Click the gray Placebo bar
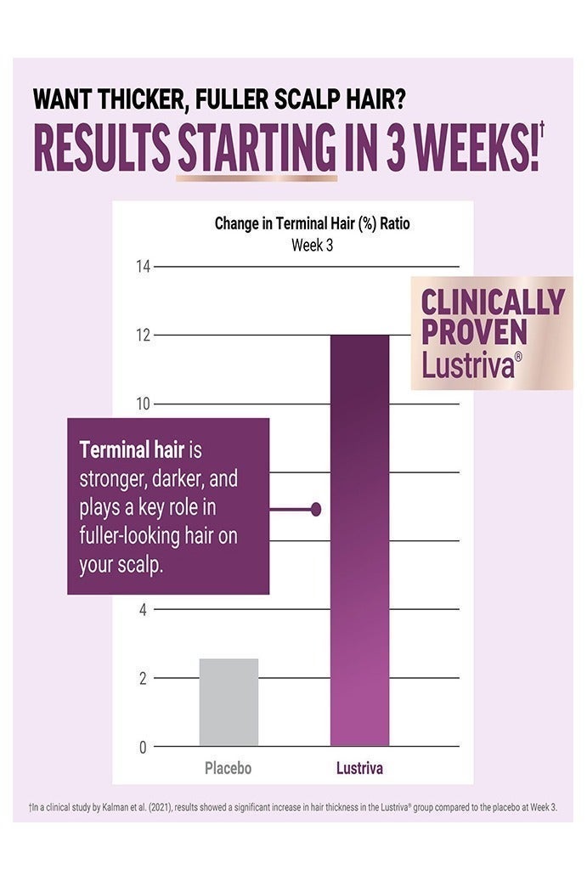coord(229,703)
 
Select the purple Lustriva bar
coord(359,540)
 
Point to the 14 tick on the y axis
coord(143,267)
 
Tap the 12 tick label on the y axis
coord(143,336)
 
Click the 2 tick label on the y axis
coord(143,678)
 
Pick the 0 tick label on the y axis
coord(143,747)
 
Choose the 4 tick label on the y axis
coord(143,609)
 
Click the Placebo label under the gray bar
coord(229,769)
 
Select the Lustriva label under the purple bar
coord(359,769)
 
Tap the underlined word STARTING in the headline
coord(257,151)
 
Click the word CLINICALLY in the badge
coord(493,303)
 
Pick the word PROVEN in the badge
coord(474,333)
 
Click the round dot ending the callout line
coord(316,509)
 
